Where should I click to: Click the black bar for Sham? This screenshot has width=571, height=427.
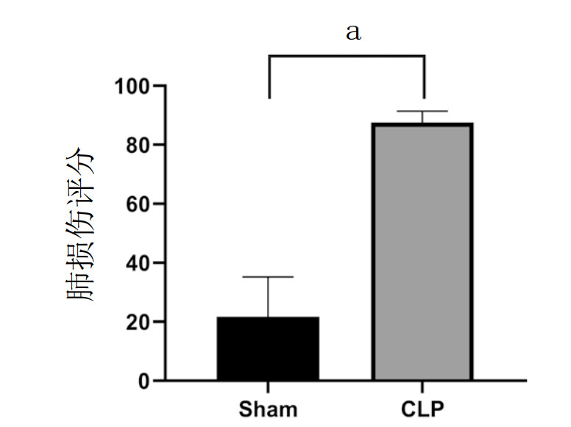pyautogui.click(x=268, y=348)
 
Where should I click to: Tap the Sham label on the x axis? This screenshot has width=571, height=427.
pyautogui.click(x=269, y=409)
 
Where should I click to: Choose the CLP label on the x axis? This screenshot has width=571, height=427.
pyautogui.click(x=423, y=409)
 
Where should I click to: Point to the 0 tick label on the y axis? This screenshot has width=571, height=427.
pyautogui.click(x=143, y=381)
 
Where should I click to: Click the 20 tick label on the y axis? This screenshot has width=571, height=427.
pyautogui.click(x=138, y=322)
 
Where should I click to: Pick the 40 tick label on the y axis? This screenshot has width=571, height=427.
pyautogui.click(x=138, y=263)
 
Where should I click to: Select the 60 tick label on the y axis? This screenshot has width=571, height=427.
pyautogui.click(x=138, y=204)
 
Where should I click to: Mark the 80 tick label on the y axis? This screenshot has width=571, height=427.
pyautogui.click(x=138, y=146)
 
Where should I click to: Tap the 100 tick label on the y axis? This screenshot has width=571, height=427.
pyautogui.click(x=132, y=87)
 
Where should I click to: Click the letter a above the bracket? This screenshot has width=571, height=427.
pyautogui.click(x=354, y=32)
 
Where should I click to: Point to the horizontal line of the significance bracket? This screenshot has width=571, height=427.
pyautogui.click(x=347, y=55)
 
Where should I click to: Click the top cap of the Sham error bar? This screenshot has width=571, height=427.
pyautogui.click(x=269, y=277)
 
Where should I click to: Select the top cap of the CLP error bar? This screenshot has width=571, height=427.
pyautogui.click(x=423, y=111)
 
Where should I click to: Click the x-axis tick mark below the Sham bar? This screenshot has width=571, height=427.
pyautogui.click(x=269, y=385)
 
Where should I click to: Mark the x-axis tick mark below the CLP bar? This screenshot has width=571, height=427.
pyautogui.click(x=423, y=385)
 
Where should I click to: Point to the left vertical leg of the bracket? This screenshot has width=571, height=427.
pyautogui.click(x=269, y=76)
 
